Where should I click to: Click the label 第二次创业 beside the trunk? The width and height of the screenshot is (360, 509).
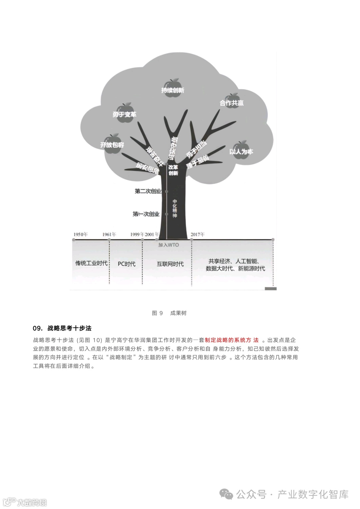(148, 191)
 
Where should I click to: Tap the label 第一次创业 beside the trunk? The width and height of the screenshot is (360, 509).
(146, 214)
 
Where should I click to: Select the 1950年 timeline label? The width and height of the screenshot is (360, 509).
(81, 234)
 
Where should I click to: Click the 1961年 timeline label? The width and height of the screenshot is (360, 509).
(109, 234)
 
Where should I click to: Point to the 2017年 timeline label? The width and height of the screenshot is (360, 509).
(198, 234)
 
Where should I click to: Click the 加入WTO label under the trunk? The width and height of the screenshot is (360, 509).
(169, 245)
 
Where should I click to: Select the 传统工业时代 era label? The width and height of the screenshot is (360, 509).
(91, 263)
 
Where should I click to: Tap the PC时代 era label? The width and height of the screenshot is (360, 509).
(127, 264)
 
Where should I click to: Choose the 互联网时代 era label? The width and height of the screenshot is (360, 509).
(170, 264)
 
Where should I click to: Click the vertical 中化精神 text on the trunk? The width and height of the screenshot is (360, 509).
(175, 209)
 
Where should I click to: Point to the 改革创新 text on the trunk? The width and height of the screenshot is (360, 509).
(173, 170)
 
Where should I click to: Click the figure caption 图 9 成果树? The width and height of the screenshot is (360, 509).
(169, 313)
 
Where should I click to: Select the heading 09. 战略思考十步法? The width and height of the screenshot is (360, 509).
(62, 328)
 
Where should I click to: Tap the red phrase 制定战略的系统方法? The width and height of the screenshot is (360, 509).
(232, 340)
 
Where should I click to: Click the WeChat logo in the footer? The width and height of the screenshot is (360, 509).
(227, 494)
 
